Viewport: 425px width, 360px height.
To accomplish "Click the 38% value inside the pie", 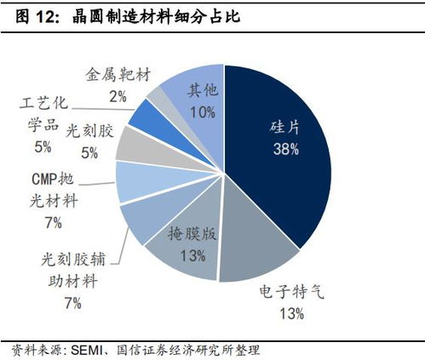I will [x=285, y=150].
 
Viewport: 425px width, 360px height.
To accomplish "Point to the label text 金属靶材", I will [x=118, y=75].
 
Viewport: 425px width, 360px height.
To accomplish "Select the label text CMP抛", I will [x=49, y=180].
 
